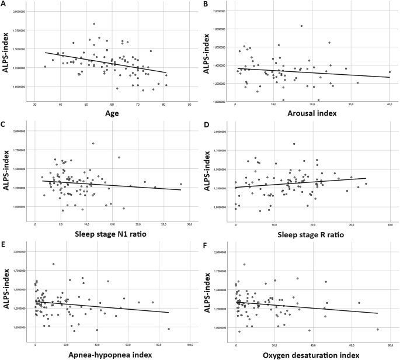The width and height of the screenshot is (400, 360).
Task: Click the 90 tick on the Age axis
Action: click(x=190, y=105)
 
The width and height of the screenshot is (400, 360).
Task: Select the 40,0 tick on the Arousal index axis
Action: click(x=389, y=105)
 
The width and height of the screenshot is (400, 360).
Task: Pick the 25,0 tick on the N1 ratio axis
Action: click(x=164, y=224)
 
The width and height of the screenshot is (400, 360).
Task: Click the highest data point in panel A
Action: click(x=94, y=24)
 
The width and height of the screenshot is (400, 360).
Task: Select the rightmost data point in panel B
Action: click(x=389, y=72)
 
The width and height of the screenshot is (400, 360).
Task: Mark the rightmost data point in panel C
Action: click(x=181, y=184)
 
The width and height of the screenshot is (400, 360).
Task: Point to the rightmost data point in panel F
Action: click(x=378, y=330)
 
